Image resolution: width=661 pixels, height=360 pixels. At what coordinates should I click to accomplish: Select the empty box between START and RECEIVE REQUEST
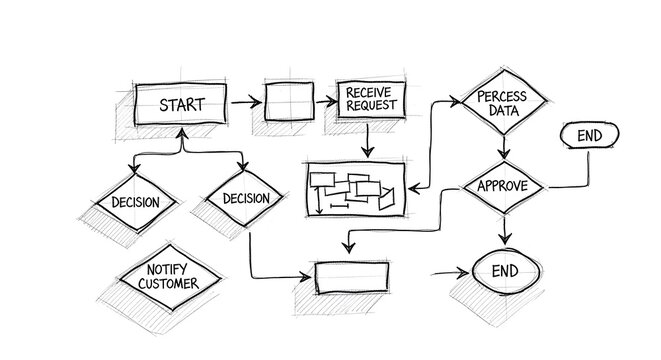click(290, 102)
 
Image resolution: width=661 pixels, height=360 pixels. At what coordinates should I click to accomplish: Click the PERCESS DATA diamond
click(503, 104)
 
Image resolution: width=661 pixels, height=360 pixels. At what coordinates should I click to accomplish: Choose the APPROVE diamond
click(502, 187)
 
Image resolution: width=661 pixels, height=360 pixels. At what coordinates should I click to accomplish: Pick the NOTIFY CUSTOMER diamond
click(167, 277)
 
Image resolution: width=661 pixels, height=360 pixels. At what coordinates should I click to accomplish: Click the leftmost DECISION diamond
click(136, 201)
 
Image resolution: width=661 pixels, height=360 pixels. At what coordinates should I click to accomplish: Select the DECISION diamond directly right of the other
click(246, 198)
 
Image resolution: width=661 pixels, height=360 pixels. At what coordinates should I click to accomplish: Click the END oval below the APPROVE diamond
click(505, 271)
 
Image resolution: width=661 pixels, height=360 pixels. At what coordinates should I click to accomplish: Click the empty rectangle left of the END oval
click(350, 276)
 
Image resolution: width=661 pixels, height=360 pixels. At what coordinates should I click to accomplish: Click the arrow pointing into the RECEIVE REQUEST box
click(326, 102)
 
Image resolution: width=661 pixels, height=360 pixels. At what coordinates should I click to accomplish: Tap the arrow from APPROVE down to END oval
click(505, 230)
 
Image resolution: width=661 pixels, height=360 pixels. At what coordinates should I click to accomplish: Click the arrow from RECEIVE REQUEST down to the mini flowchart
click(367, 140)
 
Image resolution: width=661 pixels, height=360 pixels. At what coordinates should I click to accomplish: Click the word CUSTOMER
click(167, 284)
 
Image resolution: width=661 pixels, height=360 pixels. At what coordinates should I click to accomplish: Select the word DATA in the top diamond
click(503, 112)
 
